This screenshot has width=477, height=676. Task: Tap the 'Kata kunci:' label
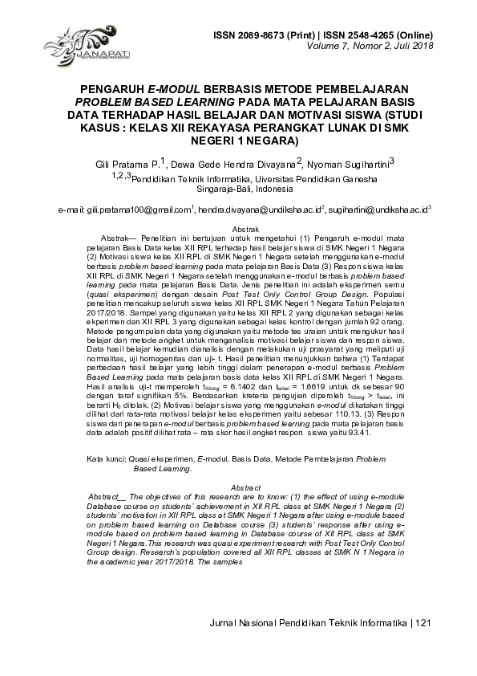tap(107, 458)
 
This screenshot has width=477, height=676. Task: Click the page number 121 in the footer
tap(423, 623)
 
